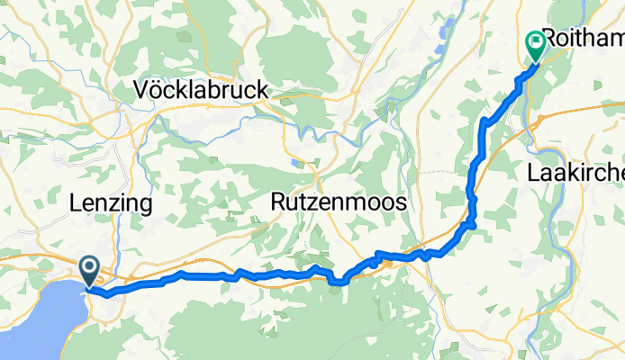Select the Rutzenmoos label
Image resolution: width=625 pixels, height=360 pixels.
[x=338, y=203]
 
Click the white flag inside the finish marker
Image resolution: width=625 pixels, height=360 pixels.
[x=535, y=40]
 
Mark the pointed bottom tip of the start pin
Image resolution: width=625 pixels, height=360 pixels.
[x=90, y=287]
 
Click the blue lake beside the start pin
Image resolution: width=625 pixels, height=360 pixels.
[x=36, y=315]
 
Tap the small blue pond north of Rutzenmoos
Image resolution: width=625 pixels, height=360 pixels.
[x=297, y=163]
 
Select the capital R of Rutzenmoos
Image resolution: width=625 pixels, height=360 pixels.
[x=277, y=203]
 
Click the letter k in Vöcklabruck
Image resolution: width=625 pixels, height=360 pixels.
[x=180, y=90]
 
